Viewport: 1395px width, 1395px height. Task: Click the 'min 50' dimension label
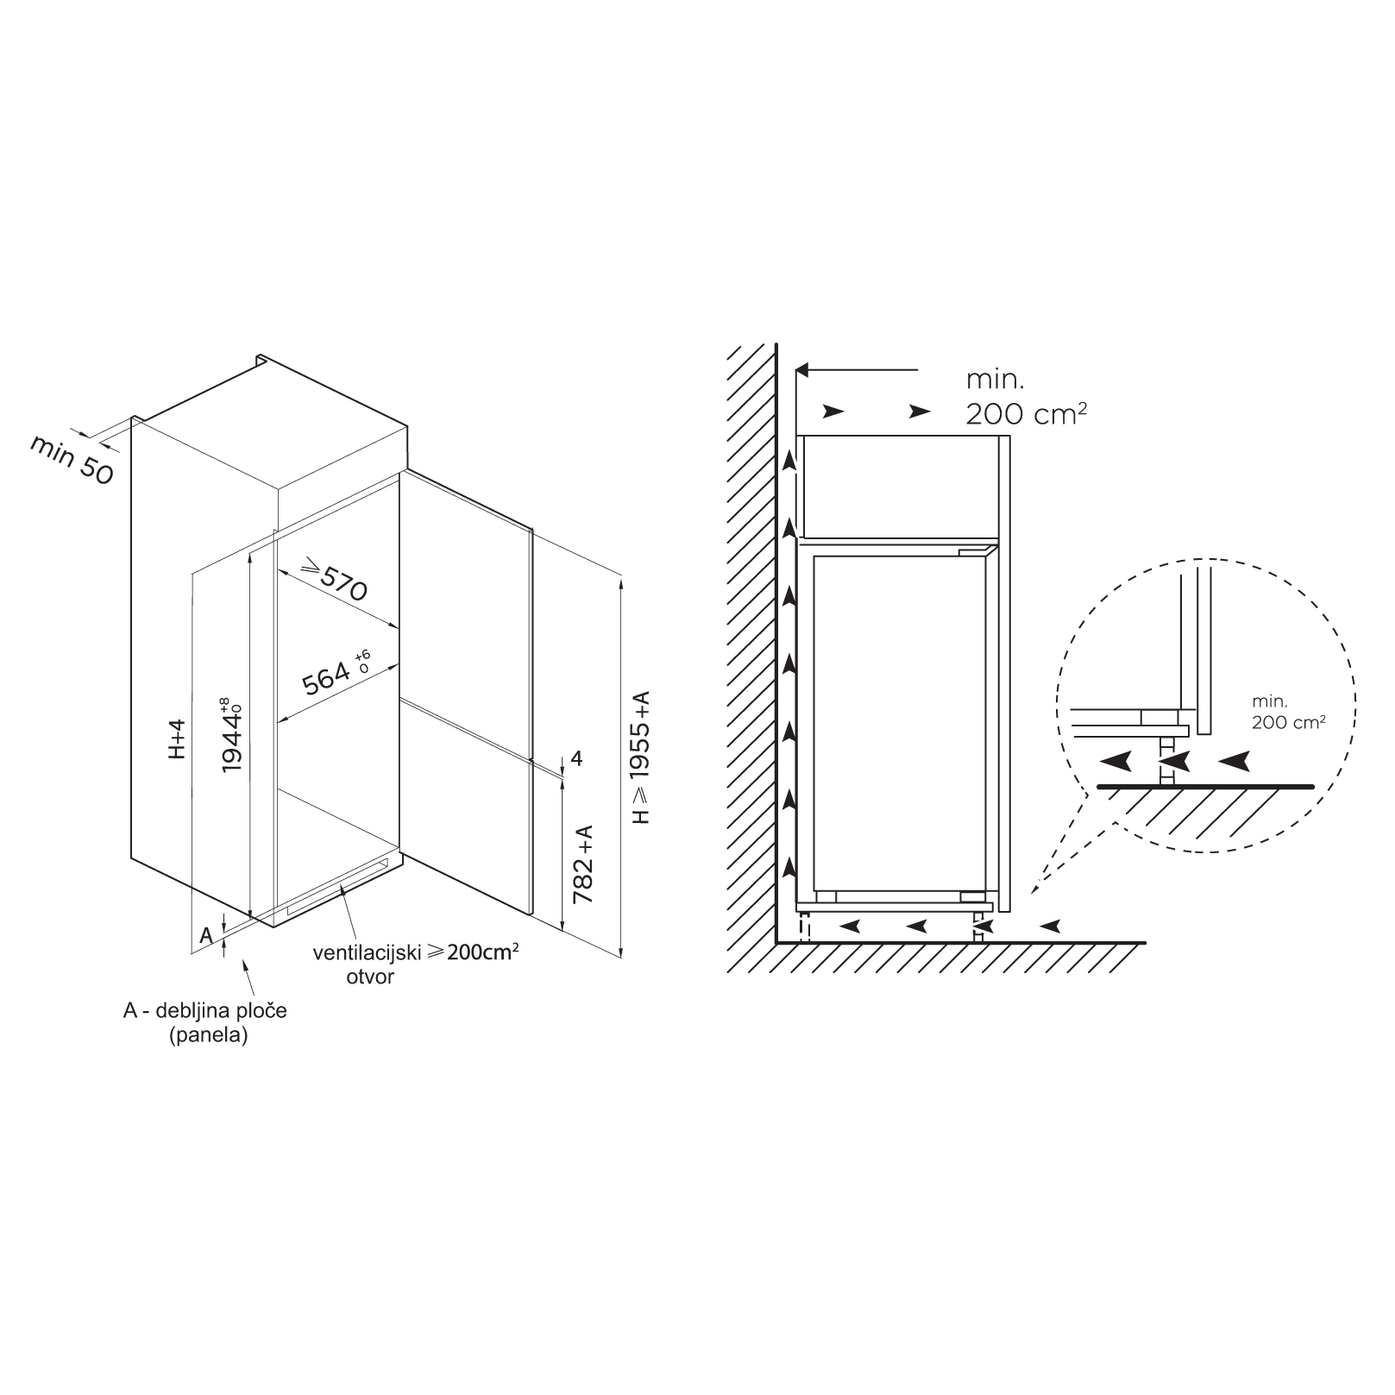click(x=72, y=459)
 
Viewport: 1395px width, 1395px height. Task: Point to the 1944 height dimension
click(x=231, y=734)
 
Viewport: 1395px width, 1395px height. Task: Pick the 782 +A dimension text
click(x=583, y=864)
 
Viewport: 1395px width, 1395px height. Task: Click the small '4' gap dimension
click(x=577, y=759)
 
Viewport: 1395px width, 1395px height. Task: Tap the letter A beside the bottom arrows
click(x=206, y=935)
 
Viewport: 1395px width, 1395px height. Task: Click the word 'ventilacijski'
click(x=367, y=952)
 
